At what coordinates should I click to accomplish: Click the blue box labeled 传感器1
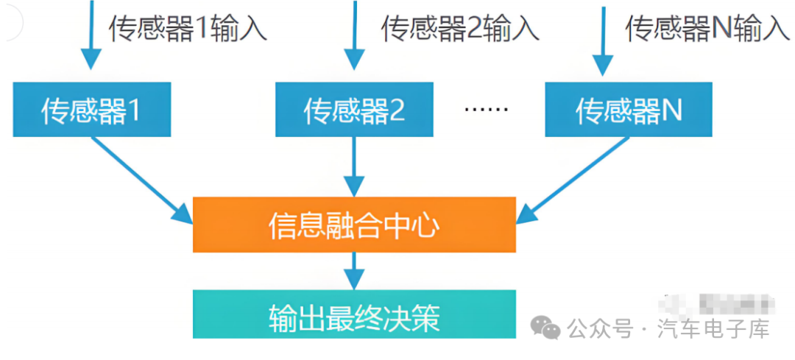click(92, 110)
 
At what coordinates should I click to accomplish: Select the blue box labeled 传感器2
click(354, 110)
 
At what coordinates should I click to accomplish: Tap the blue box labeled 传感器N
click(629, 110)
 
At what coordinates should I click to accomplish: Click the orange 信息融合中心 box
click(354, 225)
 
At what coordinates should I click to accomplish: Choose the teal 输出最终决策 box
click(354, 314)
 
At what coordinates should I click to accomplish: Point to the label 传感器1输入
click(188, 28)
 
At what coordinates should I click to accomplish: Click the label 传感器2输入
click(460, 28)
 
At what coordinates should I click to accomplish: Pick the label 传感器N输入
click(707, 28)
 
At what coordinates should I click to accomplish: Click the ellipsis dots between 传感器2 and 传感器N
click(487, 110)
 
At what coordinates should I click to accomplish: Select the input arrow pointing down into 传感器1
click(92, 35)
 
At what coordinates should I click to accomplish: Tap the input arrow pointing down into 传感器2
click(354, 35)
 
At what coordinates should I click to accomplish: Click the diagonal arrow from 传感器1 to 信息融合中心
click(142, 180)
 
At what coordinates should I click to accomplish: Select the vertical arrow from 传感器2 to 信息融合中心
click(354, 167)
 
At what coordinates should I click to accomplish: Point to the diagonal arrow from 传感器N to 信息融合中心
click(573, 180)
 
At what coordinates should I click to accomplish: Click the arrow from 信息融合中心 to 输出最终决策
click(354, 271)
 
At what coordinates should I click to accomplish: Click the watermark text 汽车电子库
click(713, 328)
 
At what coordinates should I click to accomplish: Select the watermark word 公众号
click(601, 328)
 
